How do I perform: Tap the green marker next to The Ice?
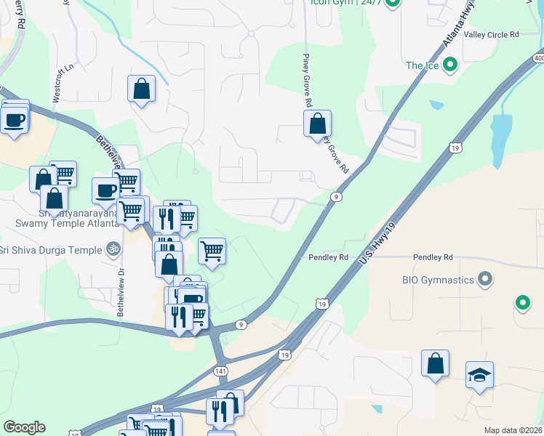click(450, 66)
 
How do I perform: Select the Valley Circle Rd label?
click(492, 34)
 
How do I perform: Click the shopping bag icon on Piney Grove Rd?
click(317, 124)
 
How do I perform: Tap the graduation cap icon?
click(479, 375)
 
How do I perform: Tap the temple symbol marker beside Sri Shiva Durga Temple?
click(112, 249)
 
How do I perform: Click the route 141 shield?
click(221, 371)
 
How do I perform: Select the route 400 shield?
click(538, 57)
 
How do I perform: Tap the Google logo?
click(24, 427)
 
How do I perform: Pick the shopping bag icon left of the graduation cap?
click(435, 363)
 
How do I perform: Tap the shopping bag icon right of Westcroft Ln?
click(142, 89)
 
